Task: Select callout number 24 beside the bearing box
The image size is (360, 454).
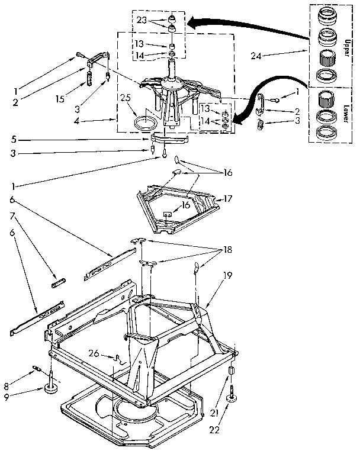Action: tap(256, 57)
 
